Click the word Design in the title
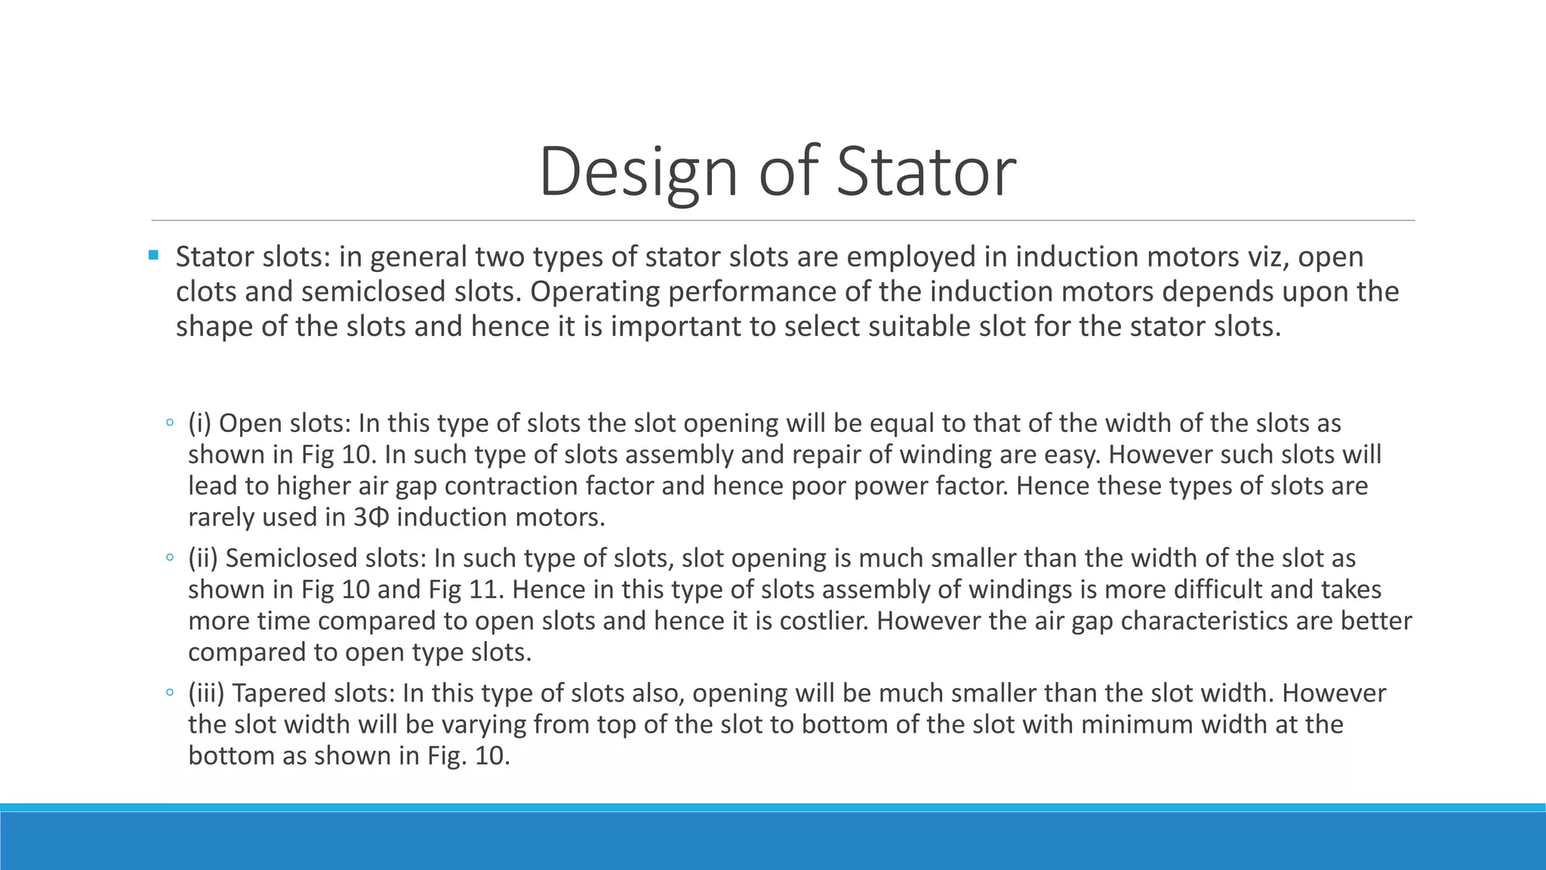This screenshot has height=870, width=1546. [x=637, y=172]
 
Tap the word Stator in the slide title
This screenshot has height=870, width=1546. [x=926, y=172]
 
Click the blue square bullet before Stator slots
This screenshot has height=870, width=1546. [x=154, y=255]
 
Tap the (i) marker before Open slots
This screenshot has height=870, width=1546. [x=200, y=423]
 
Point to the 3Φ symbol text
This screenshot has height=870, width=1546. [x=371, y=517]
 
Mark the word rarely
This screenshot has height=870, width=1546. [x=221, y=517]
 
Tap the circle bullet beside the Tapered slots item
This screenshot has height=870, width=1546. [x=170, y=693]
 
